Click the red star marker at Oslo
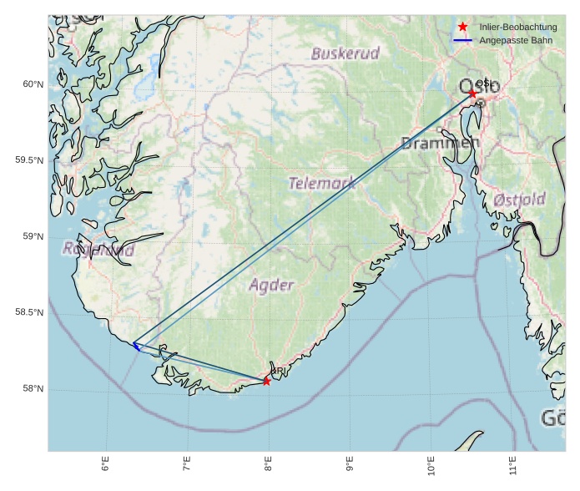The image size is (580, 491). [x=472, y=94]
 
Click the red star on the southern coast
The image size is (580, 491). [x=266, y=381]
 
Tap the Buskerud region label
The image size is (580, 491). [x=345, y=53]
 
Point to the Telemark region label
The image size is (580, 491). [x=322, y=183]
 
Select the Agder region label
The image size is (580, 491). [x=272, y=285]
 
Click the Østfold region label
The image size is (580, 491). [x=519, y=200]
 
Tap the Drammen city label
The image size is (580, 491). [x=440, y=144]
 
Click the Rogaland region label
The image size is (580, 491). [x=98, y=249]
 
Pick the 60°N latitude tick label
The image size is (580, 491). [x=32, y=84]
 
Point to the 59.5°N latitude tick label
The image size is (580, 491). [x=29, y=160]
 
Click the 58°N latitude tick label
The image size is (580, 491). [x=32, y=389]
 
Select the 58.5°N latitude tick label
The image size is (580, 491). [x=29, y=313]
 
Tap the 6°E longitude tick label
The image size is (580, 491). [x=105, y=465]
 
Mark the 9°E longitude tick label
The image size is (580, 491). [x=350, y=465]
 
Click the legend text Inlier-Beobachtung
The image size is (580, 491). [x=517, y=28]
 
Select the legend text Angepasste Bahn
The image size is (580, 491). [x=515, y=40]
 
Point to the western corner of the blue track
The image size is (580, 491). [x=134, y=343]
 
